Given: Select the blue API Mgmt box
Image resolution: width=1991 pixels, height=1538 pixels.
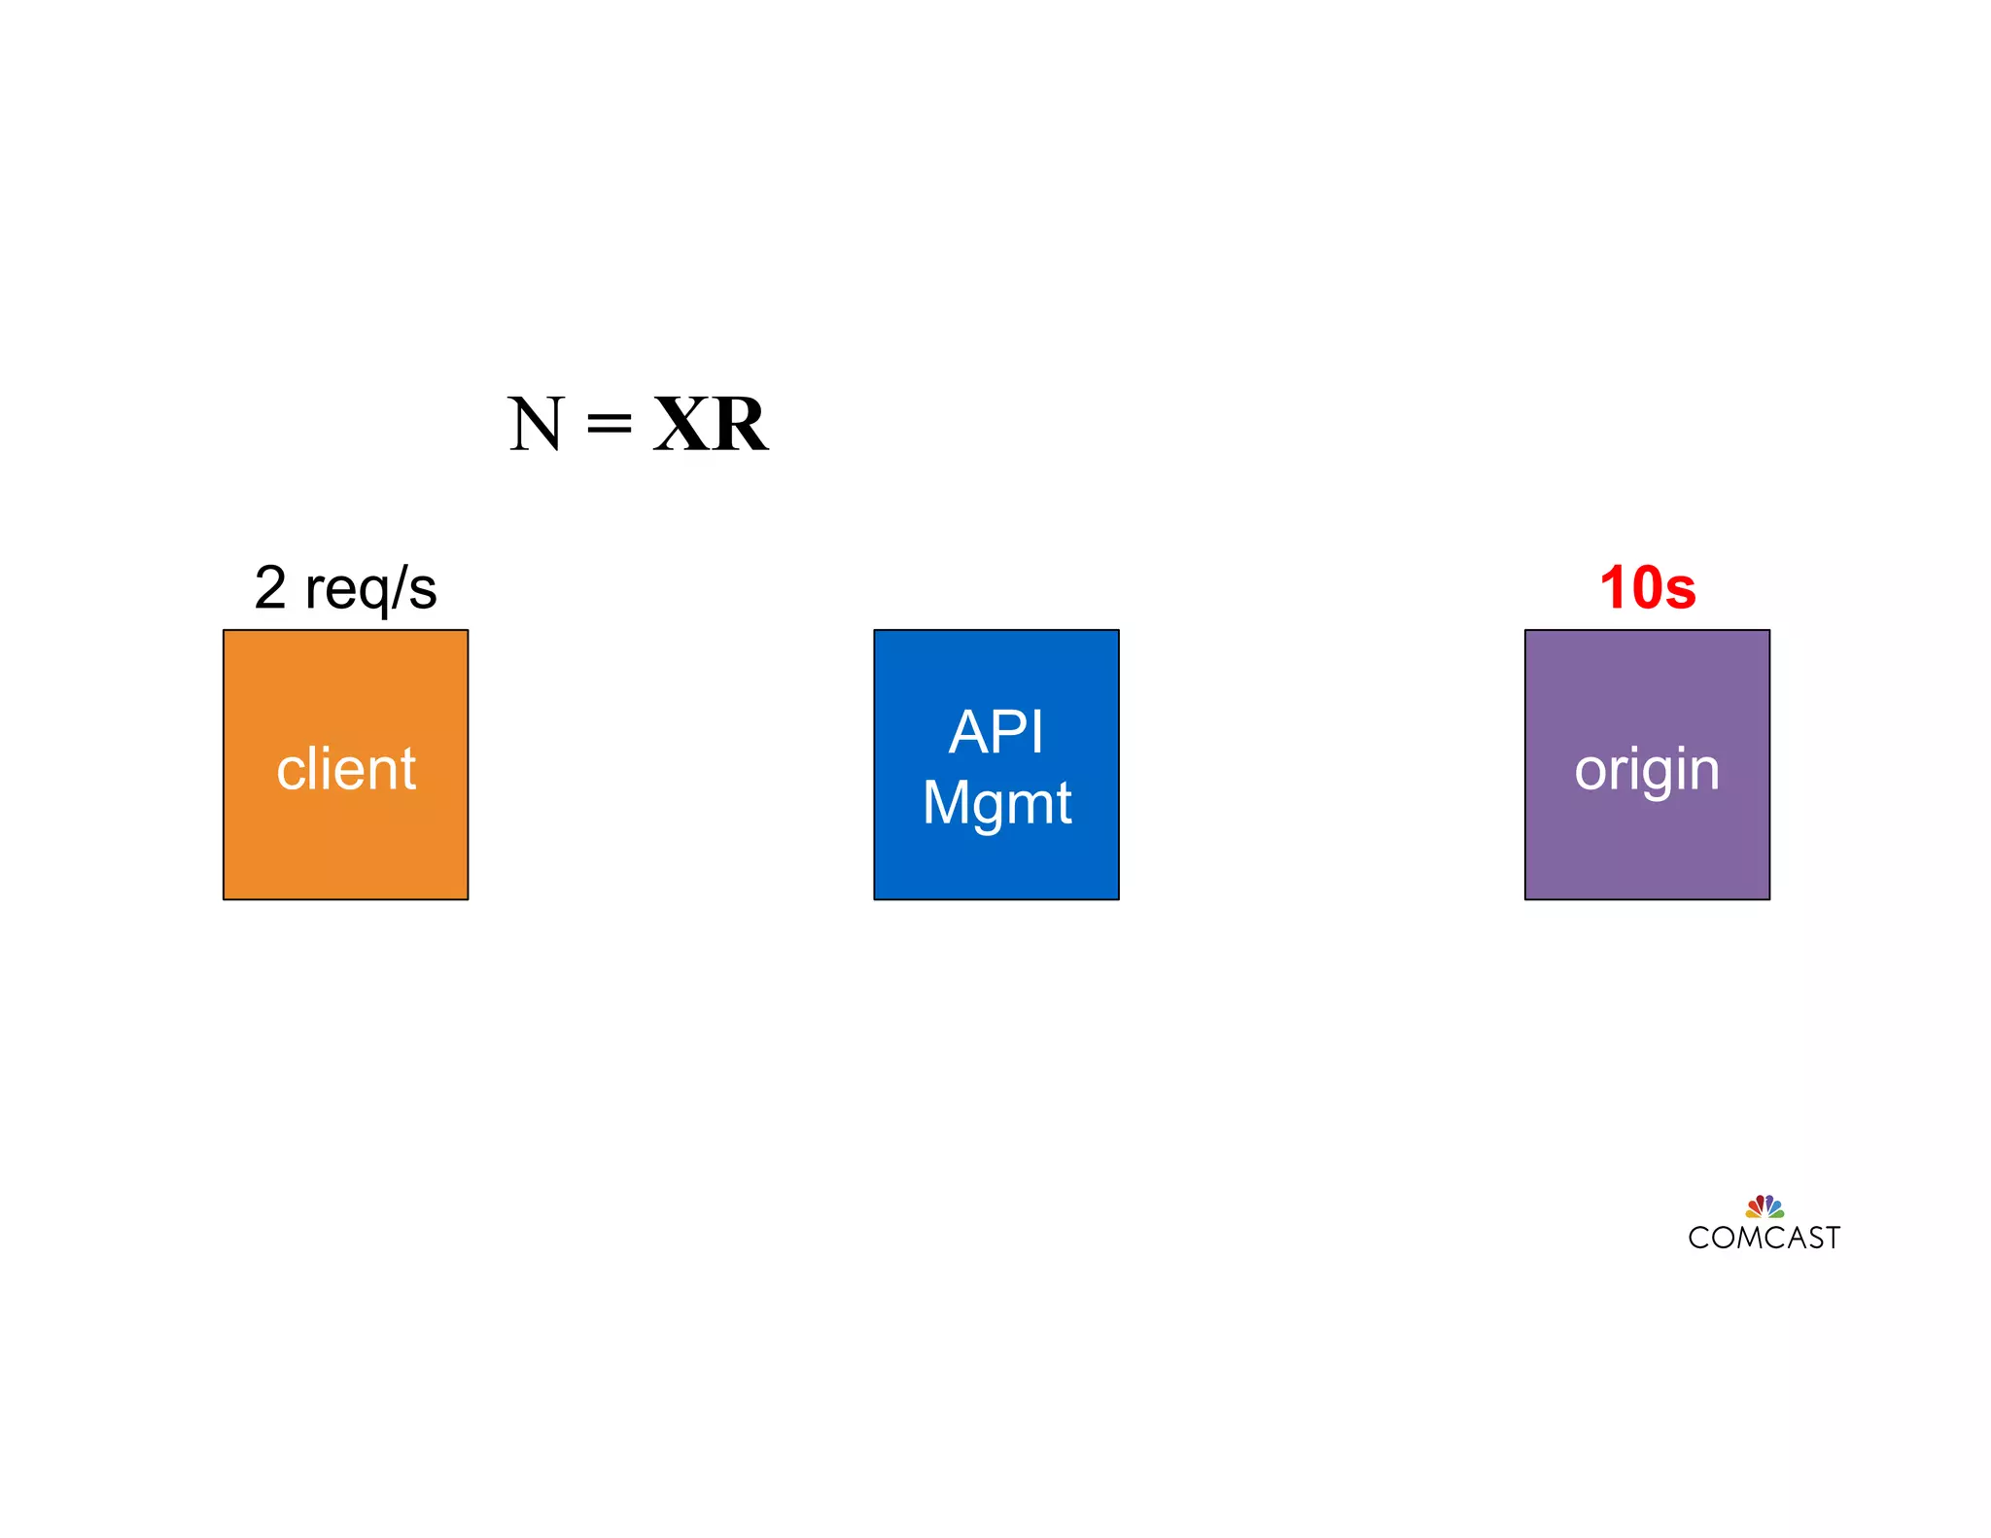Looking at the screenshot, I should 995,865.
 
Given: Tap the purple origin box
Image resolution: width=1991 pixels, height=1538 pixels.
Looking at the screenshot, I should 1647,846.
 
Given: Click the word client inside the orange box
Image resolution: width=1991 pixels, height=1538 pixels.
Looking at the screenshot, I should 346,769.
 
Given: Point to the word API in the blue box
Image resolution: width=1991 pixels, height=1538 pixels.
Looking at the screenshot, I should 996,731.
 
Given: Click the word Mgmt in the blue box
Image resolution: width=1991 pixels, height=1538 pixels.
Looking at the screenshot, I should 996,803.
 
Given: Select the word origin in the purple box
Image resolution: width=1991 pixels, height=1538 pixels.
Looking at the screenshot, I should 1647,771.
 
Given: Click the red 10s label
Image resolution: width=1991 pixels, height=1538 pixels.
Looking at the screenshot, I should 1648,588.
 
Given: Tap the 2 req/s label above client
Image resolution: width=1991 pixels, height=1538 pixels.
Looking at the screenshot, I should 345,588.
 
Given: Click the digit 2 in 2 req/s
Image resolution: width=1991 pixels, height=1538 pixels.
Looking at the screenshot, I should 270,587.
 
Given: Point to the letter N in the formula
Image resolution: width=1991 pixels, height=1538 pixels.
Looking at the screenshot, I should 536,424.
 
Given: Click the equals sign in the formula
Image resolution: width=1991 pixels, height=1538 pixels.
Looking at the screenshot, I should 610,424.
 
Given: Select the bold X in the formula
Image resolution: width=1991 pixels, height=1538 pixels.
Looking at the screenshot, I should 682,424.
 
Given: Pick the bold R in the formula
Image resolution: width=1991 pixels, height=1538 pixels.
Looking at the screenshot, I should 740,424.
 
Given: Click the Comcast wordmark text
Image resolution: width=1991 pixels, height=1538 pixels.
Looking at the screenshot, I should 1764,1238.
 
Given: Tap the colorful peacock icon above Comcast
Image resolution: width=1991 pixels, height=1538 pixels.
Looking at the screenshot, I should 1764,1206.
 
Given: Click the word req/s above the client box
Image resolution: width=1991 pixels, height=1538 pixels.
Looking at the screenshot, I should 371,589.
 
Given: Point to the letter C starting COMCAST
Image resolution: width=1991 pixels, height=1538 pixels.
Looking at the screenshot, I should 1699,1238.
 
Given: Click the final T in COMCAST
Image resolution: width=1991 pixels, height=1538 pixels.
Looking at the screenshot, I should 1831,1238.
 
